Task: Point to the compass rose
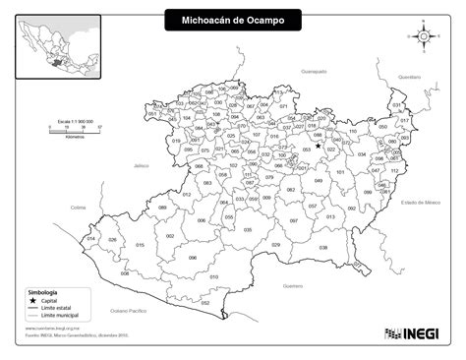click(x=423, y=36)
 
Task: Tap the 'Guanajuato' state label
click(x=313, y=72)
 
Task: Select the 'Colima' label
click(x=80, y=208)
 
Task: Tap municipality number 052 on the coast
click(x=204, y=302)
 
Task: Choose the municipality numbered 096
click(x=192, y=258)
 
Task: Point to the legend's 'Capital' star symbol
click(x=31, y=300)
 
